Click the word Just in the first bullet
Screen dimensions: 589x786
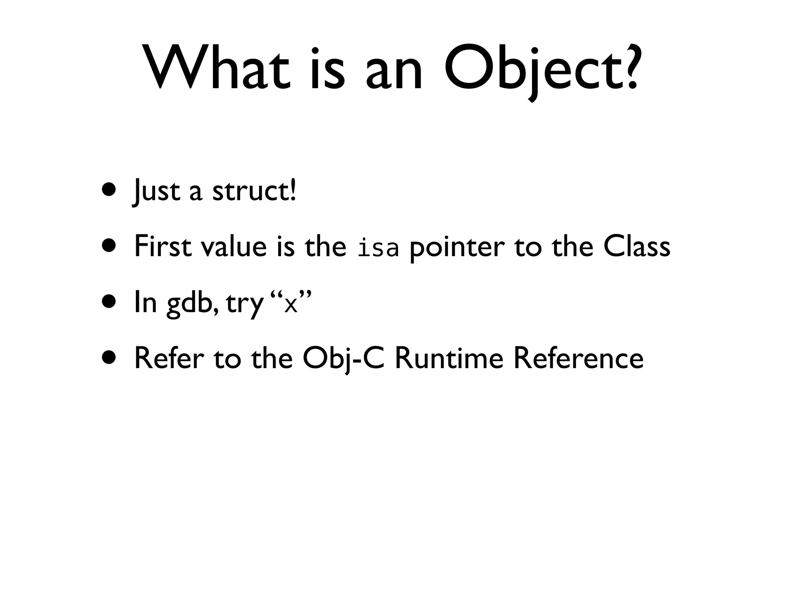pyautogui.click(x=156, y=191)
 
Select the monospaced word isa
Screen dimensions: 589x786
pyautogui.click(x=378, y=248)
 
